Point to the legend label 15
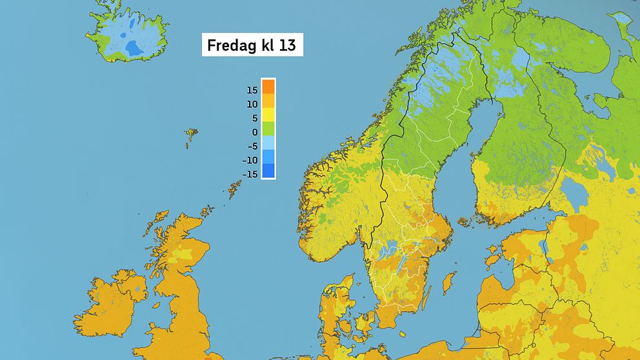[x=252, y=90]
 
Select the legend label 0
[x=254, y=132]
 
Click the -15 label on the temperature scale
[x=250, y=174]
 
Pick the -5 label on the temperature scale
[x=252, y=146]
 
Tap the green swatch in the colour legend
[x=268, y=128]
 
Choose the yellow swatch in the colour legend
[x=268, y=114]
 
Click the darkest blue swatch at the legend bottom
[x=268, y=171]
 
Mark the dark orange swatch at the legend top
[x=268, y=86]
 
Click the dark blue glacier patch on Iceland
[x=134, y=47]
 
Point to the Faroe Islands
[x=191, y=136]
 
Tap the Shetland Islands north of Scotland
[x=234, y=186]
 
